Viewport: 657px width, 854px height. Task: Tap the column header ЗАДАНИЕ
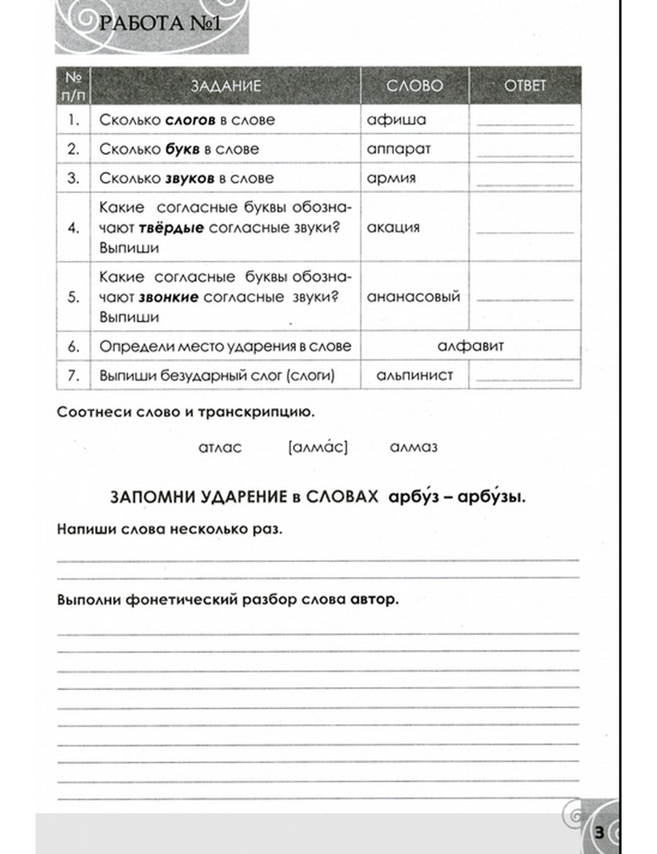[225, 86]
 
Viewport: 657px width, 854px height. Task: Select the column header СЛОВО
[414, 86]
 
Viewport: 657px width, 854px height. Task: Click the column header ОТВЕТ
[524, 86]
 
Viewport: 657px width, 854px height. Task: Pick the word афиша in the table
[396, 120]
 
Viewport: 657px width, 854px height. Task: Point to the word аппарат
[398, 149]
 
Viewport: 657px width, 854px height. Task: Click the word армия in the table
[391, 178]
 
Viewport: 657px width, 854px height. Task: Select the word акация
[393, 227]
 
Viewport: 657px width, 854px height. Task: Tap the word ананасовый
[413, 297]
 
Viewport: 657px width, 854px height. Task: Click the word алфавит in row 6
[470, 346]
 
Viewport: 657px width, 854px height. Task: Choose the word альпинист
[415, 376]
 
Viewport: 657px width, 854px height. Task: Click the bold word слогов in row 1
[190, 120]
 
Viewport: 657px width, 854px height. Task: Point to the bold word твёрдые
[171, 228]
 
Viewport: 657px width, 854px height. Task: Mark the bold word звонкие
[168, 297]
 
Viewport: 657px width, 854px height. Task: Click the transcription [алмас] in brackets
[318, 447]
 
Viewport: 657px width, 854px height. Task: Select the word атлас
[219, 447]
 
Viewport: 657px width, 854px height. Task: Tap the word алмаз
[413, 447]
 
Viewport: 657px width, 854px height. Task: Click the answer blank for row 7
[524, 378]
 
